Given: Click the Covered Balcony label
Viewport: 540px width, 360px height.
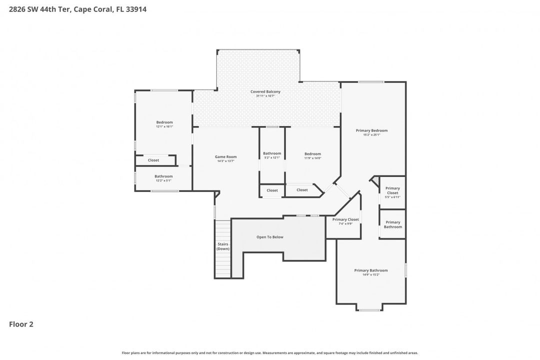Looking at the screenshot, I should click(265, 91).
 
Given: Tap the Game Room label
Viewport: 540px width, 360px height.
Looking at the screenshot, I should click(226, 156).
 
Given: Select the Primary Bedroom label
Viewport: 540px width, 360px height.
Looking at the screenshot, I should click(371, 130).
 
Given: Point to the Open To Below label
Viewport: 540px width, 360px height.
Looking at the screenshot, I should click(270, 237).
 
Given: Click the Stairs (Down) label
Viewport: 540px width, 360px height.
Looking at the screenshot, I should click(223, 246).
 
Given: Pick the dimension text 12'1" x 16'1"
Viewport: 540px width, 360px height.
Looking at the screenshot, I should click(164, 126).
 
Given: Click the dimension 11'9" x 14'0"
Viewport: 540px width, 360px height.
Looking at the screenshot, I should click(312, 158).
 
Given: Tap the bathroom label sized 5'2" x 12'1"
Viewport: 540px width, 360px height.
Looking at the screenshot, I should click(272, 153).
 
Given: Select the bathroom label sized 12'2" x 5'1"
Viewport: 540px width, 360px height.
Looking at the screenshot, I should click(163, 176).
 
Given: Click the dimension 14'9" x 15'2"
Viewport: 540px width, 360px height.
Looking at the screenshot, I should click(371, 274).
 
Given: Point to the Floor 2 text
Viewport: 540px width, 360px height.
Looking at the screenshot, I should click(21, 324).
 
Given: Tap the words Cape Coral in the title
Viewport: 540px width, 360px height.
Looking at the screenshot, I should click(93, 9).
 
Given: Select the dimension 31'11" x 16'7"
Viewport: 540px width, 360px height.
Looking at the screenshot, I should click(265, 96).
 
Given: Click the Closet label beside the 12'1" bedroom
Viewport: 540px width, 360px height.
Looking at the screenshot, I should click(153, 160).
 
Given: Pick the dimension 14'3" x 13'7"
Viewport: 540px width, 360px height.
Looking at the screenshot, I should click(226, 161).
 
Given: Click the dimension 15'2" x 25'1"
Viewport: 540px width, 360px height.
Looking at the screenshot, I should click(371, 134).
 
